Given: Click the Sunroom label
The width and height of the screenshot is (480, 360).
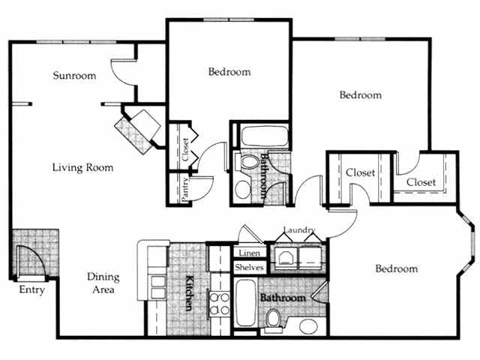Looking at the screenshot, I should click(x=75, y=76).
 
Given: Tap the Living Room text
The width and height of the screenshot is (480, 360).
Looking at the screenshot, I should click(x=82, y=167).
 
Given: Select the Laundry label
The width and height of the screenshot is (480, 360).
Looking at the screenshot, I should click(x=299, y=230).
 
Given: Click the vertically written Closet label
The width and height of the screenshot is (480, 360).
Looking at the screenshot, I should click(x=185, y=148).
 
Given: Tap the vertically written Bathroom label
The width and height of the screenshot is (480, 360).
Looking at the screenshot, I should click(x=264, y=176).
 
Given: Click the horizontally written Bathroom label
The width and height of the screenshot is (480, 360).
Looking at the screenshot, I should click(x=283, y=298).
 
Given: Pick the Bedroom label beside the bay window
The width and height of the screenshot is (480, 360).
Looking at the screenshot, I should click(x=395, y=268).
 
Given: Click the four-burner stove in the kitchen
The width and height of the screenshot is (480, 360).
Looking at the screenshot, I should click(x=218, y=304).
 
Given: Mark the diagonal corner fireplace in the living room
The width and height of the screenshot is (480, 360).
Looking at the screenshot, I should click(x=139, y=127).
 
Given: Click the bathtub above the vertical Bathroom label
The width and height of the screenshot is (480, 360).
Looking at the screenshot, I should click(x=262, y=136).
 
